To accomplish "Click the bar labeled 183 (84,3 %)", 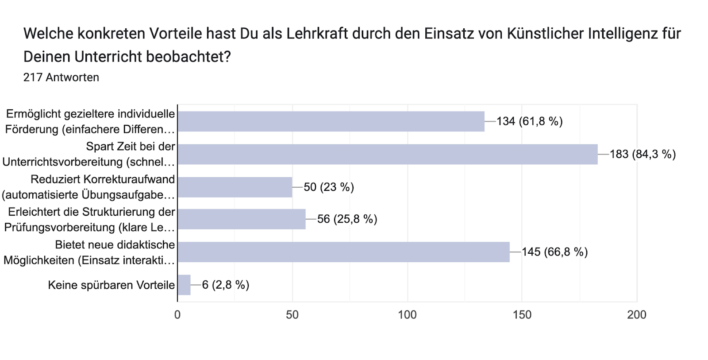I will pos(387,154).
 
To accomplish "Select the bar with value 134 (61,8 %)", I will pos(331,121).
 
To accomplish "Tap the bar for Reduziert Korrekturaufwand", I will pos(235,187).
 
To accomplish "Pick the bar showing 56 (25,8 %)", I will pos(241,219).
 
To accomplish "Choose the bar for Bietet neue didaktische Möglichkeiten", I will pos(343,252).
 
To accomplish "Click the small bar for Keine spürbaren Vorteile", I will pos(184,285).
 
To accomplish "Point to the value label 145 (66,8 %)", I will pos(554,252).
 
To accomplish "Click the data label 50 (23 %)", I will pos(329,187).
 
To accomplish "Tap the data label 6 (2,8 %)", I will pos(226,285).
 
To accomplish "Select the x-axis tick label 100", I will pos(407,315).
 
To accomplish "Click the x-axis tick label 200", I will pos(637,315).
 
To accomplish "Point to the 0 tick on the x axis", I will pos(177,315).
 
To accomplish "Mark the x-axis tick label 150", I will pos(522,315).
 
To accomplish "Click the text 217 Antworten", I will pos(61,77).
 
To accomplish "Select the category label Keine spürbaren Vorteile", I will pos(111,285).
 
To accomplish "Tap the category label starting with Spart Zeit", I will pos(88,154).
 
